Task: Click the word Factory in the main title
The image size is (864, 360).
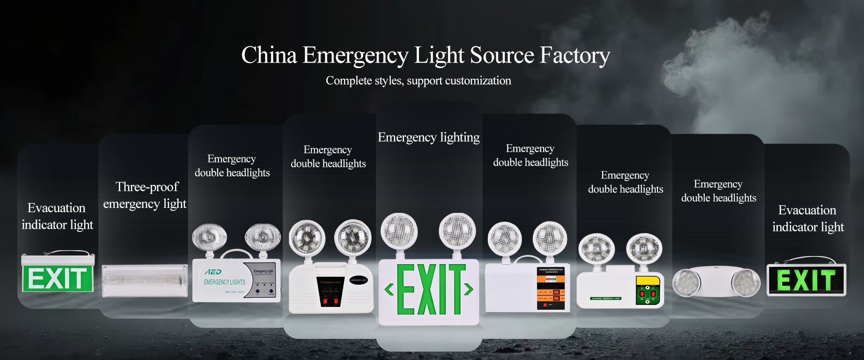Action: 575,56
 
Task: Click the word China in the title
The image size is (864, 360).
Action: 269,56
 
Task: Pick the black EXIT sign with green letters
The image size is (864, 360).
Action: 806,280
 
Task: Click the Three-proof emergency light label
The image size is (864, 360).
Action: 145,195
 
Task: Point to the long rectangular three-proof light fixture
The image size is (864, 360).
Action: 144,280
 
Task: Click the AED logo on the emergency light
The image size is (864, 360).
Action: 213,272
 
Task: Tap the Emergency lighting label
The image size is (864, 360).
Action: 428,137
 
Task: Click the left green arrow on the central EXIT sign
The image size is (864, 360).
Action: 389,289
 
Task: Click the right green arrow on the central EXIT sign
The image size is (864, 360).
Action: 468,289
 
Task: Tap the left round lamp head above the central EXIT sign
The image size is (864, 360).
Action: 399,230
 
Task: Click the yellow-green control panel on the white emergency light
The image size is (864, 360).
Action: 648,290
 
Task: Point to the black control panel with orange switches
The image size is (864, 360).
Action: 550,288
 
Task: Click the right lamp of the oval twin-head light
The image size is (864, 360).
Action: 746,283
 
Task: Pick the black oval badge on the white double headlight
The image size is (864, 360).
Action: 359,280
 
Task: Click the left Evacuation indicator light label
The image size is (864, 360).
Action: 57,216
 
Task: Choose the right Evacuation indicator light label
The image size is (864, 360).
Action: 808,219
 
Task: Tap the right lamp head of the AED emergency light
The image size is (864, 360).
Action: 262,237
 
